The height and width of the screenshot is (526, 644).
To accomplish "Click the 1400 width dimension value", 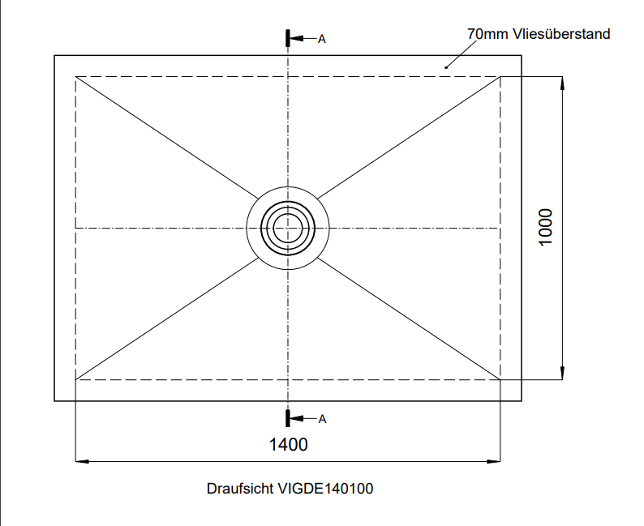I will (x=288, y=444).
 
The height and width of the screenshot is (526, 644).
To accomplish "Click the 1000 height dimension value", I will (x=545, y=227).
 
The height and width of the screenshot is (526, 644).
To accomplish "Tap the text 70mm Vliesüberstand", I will (x=539, y=34).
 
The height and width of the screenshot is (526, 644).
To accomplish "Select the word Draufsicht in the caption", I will (x=241, y=489).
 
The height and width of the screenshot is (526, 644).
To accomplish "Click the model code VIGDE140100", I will (x=325, y=489).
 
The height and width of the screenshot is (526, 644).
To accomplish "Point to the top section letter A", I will (x=322, y=39).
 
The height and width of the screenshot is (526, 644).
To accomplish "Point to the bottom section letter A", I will (x=322, y=419).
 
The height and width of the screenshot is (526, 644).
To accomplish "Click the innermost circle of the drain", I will (x=288, y=228).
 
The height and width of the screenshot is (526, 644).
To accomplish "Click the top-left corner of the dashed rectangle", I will (x=75, y=77).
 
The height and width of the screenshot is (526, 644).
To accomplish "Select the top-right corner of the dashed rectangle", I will (x=500, y=77).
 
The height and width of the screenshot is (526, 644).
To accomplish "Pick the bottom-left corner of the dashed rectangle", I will (x=75, y=379).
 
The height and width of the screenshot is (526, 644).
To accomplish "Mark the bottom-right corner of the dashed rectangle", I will (x=500, y=379).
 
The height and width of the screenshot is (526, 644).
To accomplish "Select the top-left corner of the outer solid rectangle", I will (x=54, y=55).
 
